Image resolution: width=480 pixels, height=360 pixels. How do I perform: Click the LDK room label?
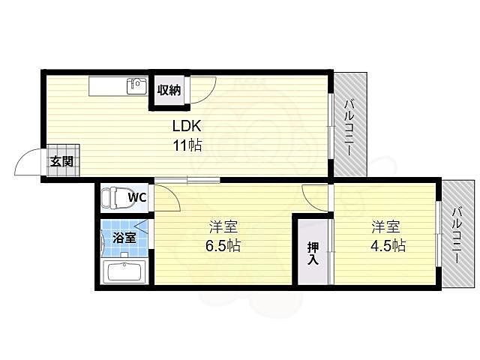pyautogui.click(x=188, y=126)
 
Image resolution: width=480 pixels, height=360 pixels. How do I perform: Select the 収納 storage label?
pyautogui.click(x=169, y=90)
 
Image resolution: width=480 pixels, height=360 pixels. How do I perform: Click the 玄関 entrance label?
pyautogui.click(x=61, y=160)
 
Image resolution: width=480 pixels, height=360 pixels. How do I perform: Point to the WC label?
pyautogui.click(x=137, y=197)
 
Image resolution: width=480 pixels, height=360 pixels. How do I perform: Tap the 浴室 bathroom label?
pyautogui.click(x=124, y=238)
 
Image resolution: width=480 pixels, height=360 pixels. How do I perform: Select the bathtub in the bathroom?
pyautogui.click(x=124, y=271)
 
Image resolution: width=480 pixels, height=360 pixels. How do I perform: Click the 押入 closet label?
pyautogui.click(x=312, y=253)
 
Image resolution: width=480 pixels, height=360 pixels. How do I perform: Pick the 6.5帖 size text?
pyautogui.click(x=223, y=245)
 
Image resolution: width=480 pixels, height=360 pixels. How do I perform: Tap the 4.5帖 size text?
pyautogui.click(x=388, y=245)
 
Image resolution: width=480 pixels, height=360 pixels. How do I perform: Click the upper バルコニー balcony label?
pyautogui.click(x=349, y=126)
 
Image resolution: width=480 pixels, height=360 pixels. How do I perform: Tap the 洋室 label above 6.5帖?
pyautogui.click(x=223, y=226)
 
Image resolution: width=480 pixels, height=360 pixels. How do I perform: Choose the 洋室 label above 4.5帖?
pyautogui.click(x=388, y=226)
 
